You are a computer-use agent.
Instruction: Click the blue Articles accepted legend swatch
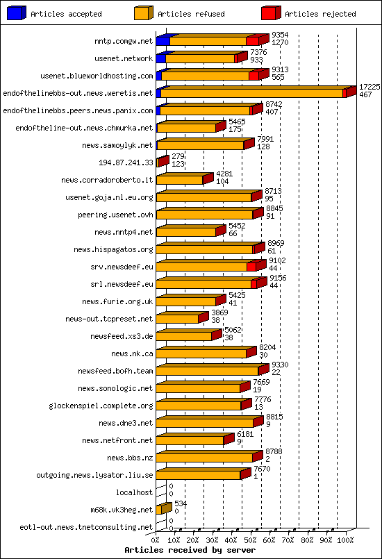click(16, 13)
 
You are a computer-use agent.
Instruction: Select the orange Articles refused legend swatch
click(143, 13)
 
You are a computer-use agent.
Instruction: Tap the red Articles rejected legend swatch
click(270, 13)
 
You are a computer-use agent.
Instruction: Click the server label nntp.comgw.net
click(124, 42)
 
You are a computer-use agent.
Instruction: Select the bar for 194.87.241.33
click(163, 161)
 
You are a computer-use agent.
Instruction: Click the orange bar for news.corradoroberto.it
click(180, 180)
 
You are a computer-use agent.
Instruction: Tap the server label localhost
click(134, 492)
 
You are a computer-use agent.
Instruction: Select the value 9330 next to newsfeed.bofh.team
click(280, 365)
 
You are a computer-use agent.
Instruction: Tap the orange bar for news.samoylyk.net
click(200, 145)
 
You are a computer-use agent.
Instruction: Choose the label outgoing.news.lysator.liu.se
click(94, 475)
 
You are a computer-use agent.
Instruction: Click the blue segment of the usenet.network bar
click(160, 58)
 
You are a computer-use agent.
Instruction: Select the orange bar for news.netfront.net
click(190, 440)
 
